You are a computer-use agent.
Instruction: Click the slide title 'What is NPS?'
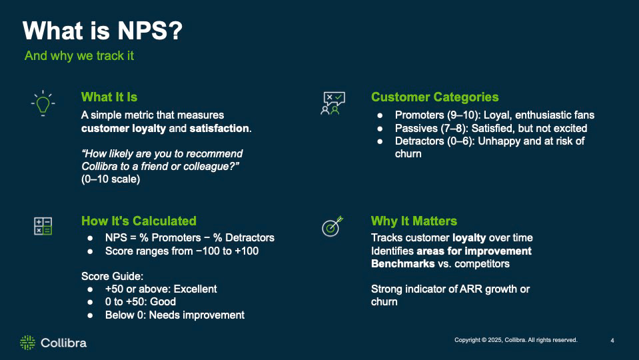(102, 31)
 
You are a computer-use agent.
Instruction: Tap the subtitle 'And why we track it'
(79, 55)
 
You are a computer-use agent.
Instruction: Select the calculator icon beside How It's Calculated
(43, 226)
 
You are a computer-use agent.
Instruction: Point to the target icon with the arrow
(332, 226)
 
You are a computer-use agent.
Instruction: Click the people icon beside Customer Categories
(332, 103)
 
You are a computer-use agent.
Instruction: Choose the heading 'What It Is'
(109, 97)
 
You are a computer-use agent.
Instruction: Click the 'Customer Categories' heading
(434, 97)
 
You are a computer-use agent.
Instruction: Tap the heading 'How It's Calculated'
(139, 221)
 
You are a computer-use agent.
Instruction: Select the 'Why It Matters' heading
(414, 221)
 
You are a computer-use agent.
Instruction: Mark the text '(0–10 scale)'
(111, 179)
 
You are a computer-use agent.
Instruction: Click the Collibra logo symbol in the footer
(27, 343)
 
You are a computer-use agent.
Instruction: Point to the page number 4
(612, 341)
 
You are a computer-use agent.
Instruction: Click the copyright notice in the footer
(516, 340)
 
